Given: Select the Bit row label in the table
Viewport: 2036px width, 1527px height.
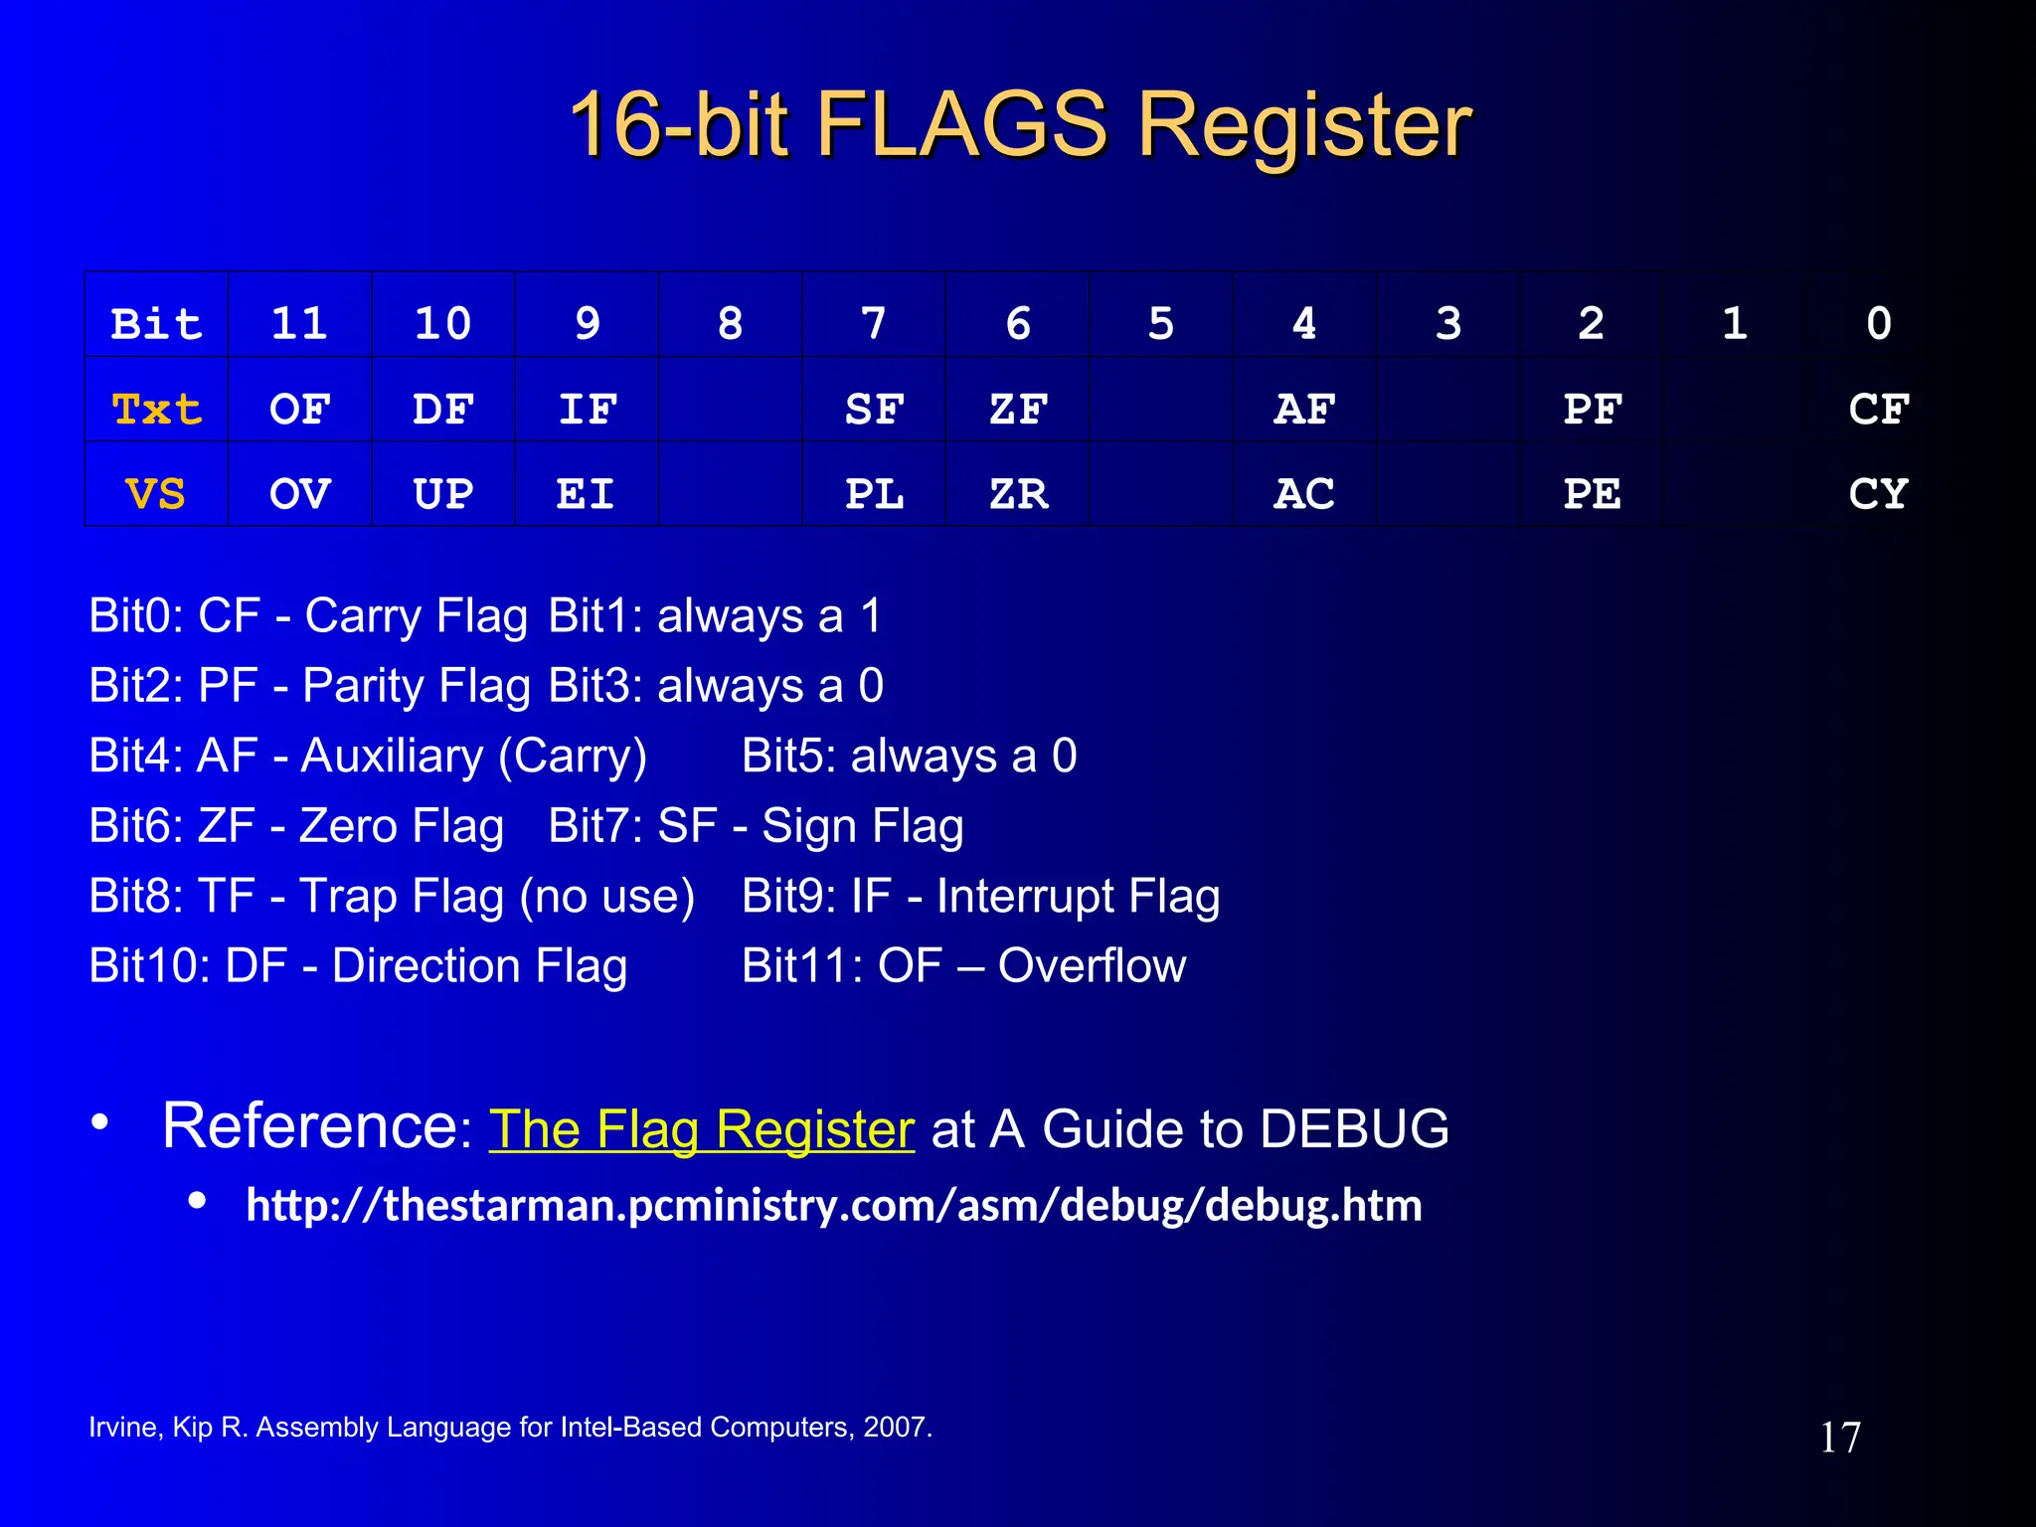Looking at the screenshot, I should point(156,324).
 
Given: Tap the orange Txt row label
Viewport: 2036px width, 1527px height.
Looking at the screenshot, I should point(156,410).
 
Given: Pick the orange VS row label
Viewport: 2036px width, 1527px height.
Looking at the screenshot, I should point(156,494).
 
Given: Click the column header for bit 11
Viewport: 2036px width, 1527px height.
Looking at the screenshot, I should point(299,324).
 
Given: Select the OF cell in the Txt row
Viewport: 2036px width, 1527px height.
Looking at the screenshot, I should point(299,410).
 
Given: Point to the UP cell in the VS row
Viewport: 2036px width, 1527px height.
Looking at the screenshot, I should point(443,494).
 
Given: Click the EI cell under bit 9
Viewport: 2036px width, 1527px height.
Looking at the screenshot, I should point(586,494).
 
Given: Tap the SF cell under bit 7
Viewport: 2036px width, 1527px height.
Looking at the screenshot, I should point(874,410).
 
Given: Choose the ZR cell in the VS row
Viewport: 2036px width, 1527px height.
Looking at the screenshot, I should point(1018,494).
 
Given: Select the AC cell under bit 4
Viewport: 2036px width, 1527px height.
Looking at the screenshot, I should point(1304,494).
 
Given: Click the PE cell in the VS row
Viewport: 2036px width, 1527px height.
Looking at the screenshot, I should point(1592,494).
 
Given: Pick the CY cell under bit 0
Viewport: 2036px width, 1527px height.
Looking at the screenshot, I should point(1878,494).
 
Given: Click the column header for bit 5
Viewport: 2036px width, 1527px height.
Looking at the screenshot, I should point(1161,324).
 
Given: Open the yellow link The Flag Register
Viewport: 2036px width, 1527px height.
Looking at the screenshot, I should point(701,1129).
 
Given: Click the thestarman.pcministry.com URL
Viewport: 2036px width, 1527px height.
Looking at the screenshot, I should point(833,1205).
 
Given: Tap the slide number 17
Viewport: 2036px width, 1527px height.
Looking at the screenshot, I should point(1839,1438).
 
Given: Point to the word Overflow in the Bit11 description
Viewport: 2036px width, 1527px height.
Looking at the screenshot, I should point(1092,965).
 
